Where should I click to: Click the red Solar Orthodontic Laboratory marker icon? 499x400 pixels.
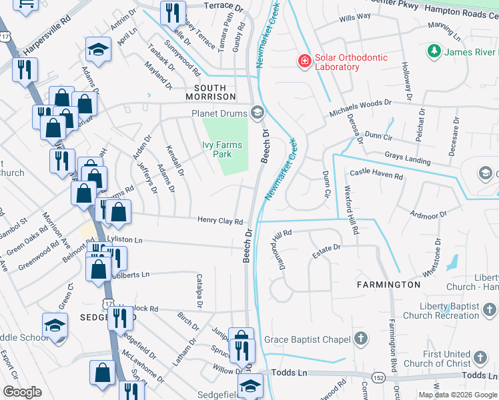point(305,61)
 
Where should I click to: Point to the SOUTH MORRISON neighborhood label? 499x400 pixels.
point(215,88)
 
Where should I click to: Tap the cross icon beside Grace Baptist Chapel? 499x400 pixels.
point(361,339)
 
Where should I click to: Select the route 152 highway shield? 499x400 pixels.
point(378,377)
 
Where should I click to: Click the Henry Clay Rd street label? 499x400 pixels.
point(219,221)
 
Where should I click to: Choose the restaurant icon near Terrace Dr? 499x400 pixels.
point(173,12)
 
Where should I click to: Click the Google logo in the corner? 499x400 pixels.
point(22,392)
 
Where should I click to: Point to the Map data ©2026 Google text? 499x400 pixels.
point(458,395)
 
